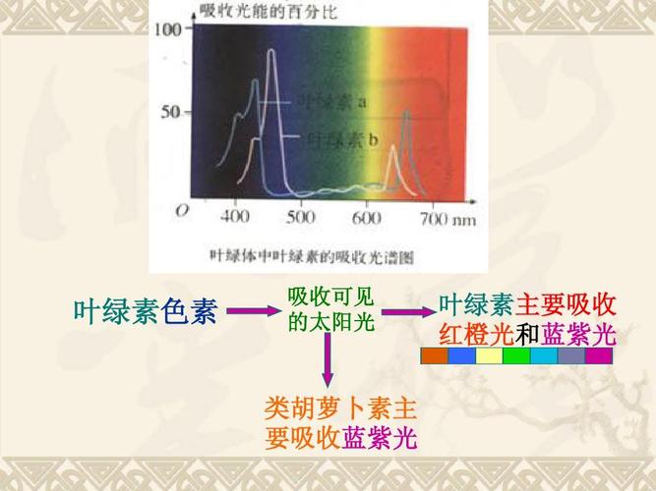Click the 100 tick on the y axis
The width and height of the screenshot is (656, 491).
coord(168,28)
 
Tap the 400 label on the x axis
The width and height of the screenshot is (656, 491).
coord(235,216)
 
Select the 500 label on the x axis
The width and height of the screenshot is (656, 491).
coord(300,216)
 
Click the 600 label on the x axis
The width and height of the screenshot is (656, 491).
coord(366,216)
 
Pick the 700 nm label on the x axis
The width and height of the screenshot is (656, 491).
coord(447,217)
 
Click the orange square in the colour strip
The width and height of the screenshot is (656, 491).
coord(434,356)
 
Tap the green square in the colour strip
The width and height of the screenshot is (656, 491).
coord(516,356)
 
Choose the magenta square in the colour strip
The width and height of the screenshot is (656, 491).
coord(598,356)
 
